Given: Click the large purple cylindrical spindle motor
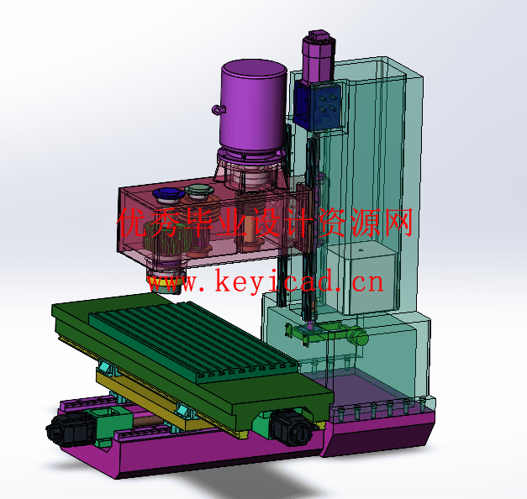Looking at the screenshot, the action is pos(253,105).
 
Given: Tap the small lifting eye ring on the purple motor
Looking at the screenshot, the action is pos(219,109).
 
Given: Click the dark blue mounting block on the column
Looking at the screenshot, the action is pos(317,105).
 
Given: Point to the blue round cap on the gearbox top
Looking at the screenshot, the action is pos(168,193).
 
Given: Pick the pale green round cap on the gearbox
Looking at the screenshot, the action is pos(199,189).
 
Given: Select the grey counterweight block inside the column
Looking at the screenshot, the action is pos(372,279).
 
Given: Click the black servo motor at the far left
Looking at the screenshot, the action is pos(70,430).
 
